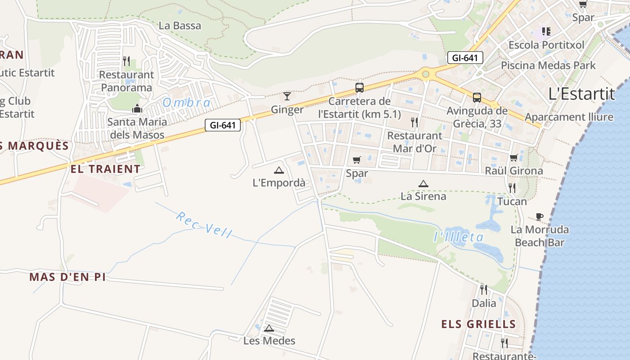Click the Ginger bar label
click(x=287, y=110)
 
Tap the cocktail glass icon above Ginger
click(x=287, y=96)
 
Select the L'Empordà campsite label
click(x=279, y=183)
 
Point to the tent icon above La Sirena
click(x=423, y=184)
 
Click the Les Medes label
click(x=269, y=341)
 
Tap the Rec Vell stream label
click(x=204, y=225)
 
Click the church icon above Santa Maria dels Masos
click(x=137, y=108)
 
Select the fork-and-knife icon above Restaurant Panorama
click(x=126, y=61)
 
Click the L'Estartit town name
click(x=581, y=94)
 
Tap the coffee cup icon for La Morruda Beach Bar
click(x=540, y=217)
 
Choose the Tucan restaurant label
click(x=512, y=201)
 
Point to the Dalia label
click(x=484, y=303)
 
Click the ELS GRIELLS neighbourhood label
click(x=478, y=324)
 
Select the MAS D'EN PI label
click(x=67, y=277)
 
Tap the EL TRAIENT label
click(x=105, y=169)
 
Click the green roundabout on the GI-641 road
click(x=425, y=73)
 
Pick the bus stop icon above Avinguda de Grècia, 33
click(x=477, y=97)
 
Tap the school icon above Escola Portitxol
click(x=546, y=31)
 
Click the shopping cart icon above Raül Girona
click(x=513, y=157)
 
